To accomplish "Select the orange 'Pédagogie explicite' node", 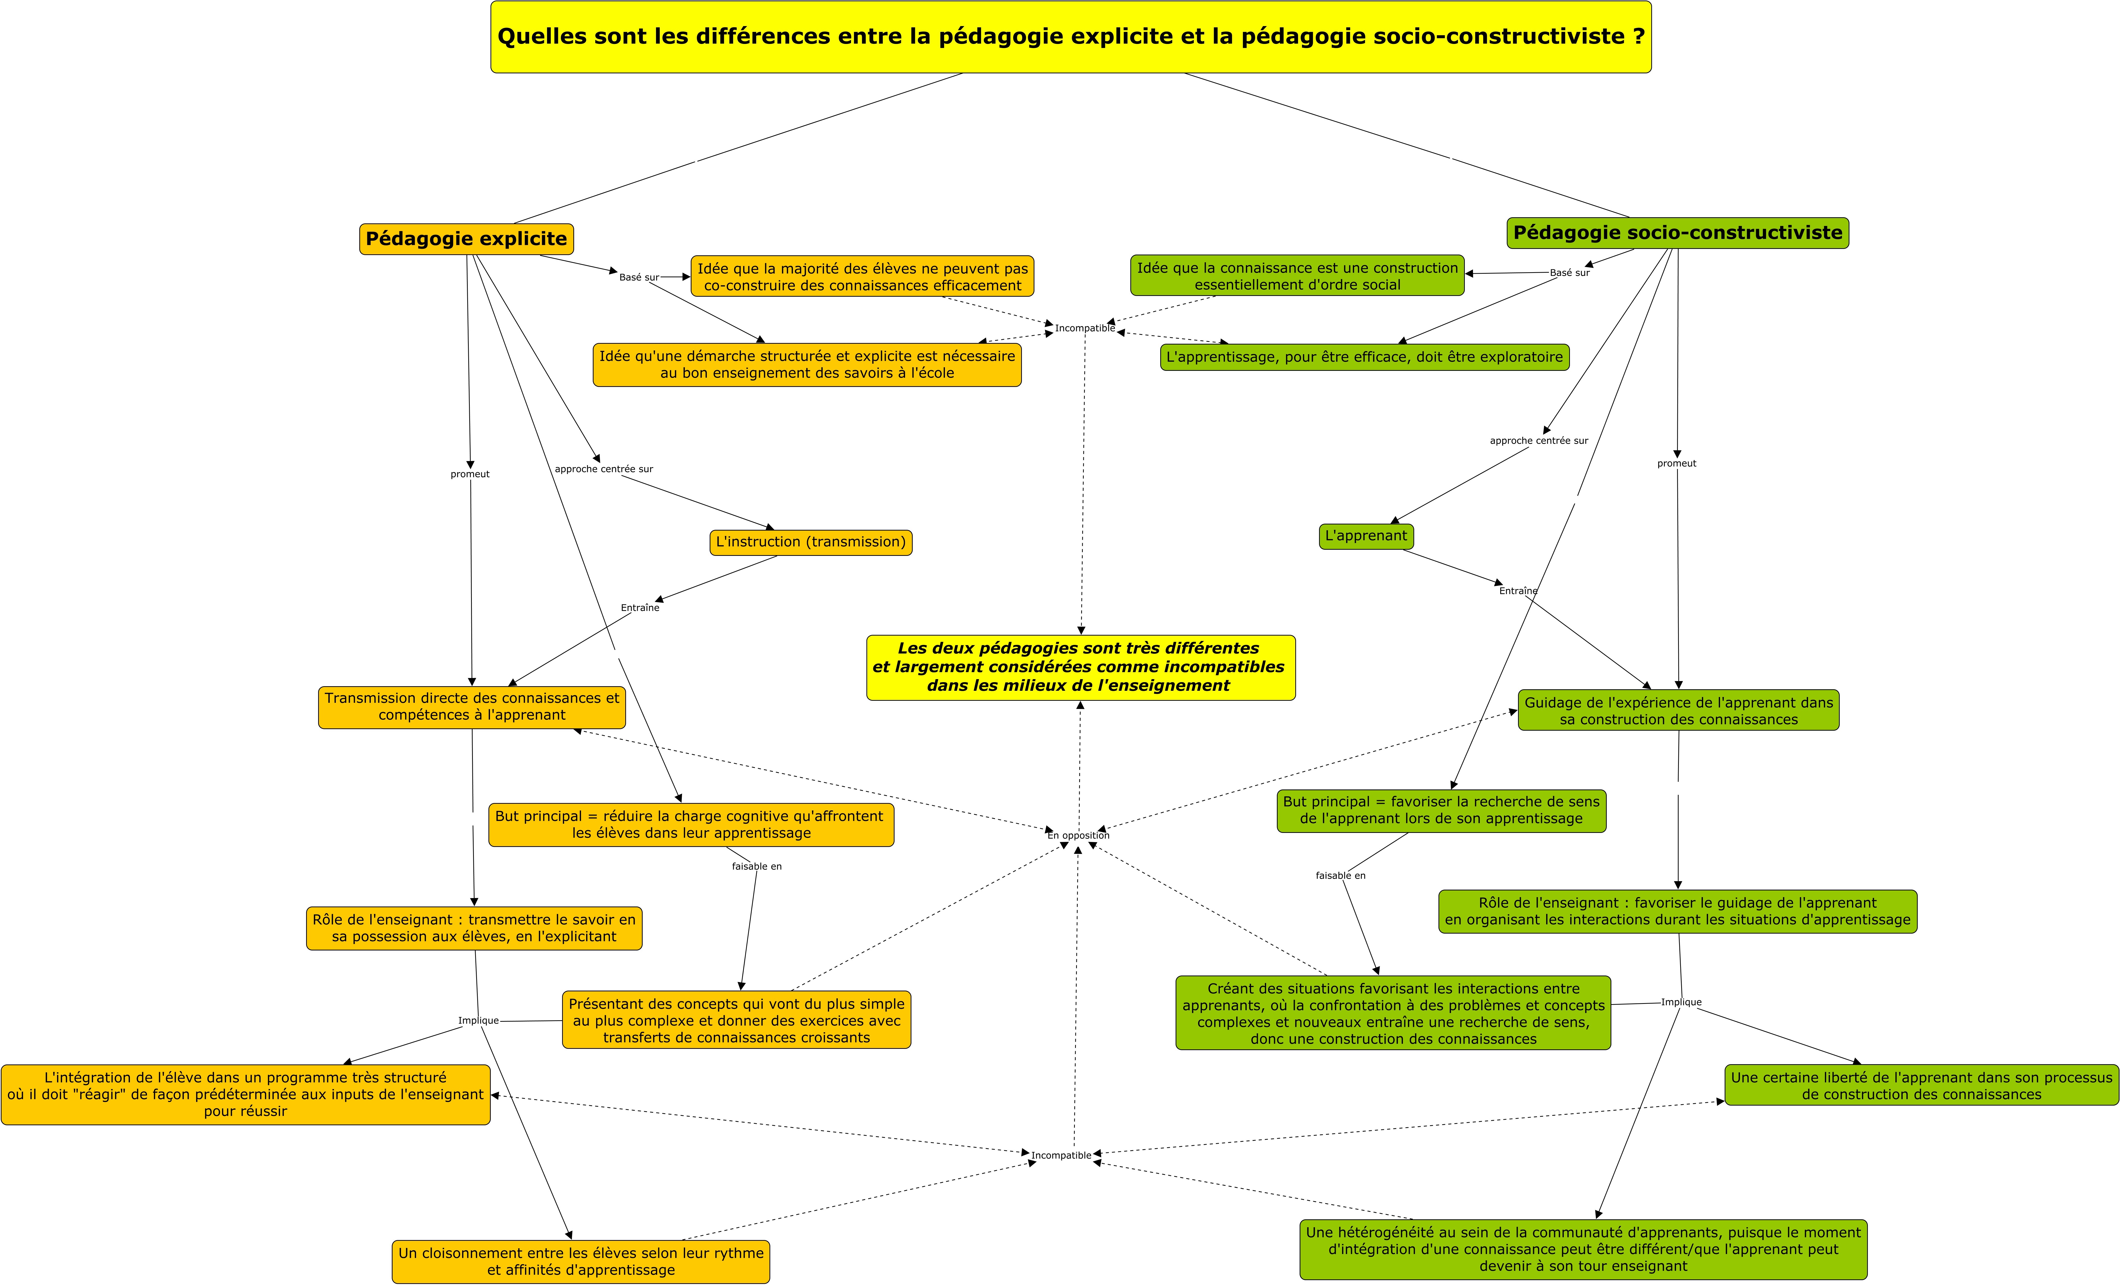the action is [x=466, y=239].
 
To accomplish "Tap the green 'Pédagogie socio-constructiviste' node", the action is [x=1678, y=233].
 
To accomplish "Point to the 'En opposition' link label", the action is [x=1078, y=835].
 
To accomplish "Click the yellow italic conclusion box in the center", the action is [x=1081, y=668].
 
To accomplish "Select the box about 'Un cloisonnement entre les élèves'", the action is [x=581, y=1262].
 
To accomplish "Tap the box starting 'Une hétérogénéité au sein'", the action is [x=1583, y=1249].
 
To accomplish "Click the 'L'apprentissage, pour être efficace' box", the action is [x=1365, y=357].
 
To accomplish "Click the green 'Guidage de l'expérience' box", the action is [x=1679, y=710].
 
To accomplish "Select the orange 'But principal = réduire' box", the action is [x=691, y=825].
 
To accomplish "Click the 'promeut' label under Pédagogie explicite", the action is [x=470, y=474].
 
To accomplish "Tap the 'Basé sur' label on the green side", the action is [x=1569, y=273].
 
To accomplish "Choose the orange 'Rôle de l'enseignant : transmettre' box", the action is [x=474, y=928].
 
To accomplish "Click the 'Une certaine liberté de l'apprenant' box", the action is [x=1921, y=1085].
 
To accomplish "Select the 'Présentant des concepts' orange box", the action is [x=737, y=1020].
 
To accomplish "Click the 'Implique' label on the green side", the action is [x=1681, y=1002].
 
